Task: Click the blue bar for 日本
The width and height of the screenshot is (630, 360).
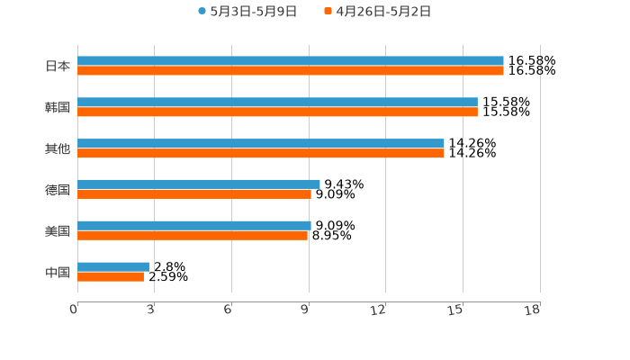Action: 290,61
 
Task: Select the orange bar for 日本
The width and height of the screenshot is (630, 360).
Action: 290,71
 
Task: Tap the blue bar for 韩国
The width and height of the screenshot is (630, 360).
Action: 277,103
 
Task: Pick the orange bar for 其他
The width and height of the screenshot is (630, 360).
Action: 261,154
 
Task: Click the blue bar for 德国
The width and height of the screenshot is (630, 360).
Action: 198,184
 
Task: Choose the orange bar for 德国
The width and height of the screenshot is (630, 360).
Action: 193,194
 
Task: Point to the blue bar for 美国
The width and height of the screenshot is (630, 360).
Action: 193,226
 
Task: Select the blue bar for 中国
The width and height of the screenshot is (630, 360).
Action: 112,266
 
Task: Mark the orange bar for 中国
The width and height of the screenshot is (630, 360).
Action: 110,277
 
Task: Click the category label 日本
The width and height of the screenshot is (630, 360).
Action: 58,66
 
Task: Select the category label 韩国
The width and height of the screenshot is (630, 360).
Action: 58,108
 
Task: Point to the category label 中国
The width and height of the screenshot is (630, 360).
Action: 58,272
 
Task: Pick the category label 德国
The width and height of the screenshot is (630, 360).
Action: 58,190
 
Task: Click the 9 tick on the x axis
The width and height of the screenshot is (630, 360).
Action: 307,310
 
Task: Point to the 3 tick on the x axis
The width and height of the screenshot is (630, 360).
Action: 151,310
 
